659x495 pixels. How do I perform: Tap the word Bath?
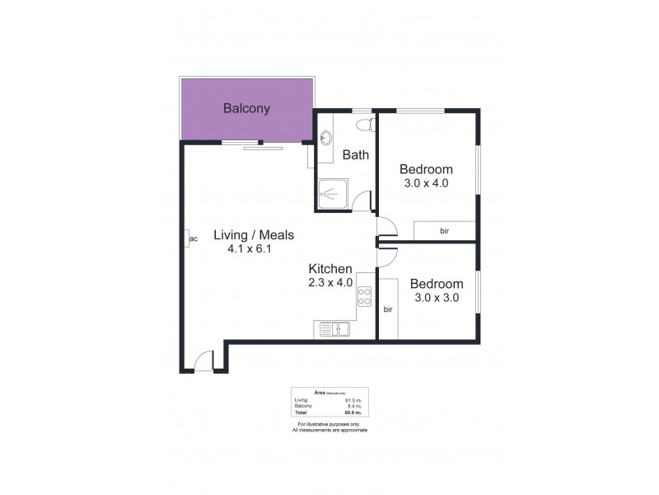click(355, 154)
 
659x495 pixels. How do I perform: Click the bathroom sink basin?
click(326, 137)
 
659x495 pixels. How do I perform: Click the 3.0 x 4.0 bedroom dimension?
click(425, 183)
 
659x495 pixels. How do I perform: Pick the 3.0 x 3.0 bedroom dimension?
click(435, 297)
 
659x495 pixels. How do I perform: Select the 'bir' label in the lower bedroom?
click(388, 309)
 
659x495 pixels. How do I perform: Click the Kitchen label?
click(330, 269)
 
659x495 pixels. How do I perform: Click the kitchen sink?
click(333, 330)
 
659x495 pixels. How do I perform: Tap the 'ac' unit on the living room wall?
click(192, 239)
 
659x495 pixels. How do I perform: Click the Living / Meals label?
click(254, 235)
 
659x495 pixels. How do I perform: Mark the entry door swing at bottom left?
click(204, 361)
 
